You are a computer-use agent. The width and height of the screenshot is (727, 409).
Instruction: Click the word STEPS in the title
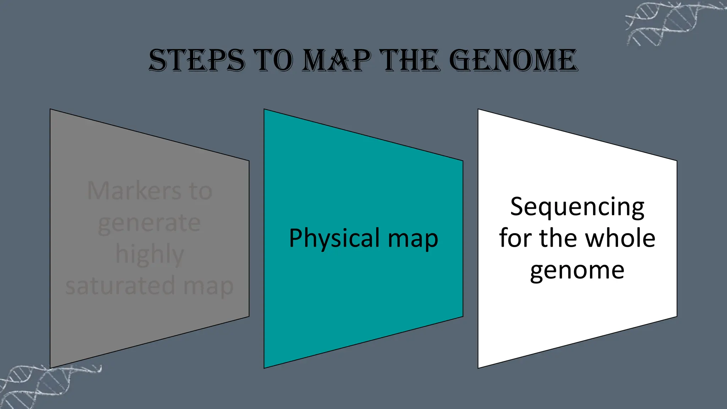pos(197,60)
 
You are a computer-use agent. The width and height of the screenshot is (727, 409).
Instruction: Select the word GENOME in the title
pos(513,60)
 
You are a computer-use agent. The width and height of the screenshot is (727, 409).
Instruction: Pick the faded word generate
pos(149,223)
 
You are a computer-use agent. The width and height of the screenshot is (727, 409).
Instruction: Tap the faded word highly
pos(149,254)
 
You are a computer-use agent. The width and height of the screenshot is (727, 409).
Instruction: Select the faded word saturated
pos(120,286)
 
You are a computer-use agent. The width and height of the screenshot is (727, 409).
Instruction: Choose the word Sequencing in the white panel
pos(577,207)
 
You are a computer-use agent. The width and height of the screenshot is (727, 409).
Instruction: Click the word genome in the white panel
pos(577,271)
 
